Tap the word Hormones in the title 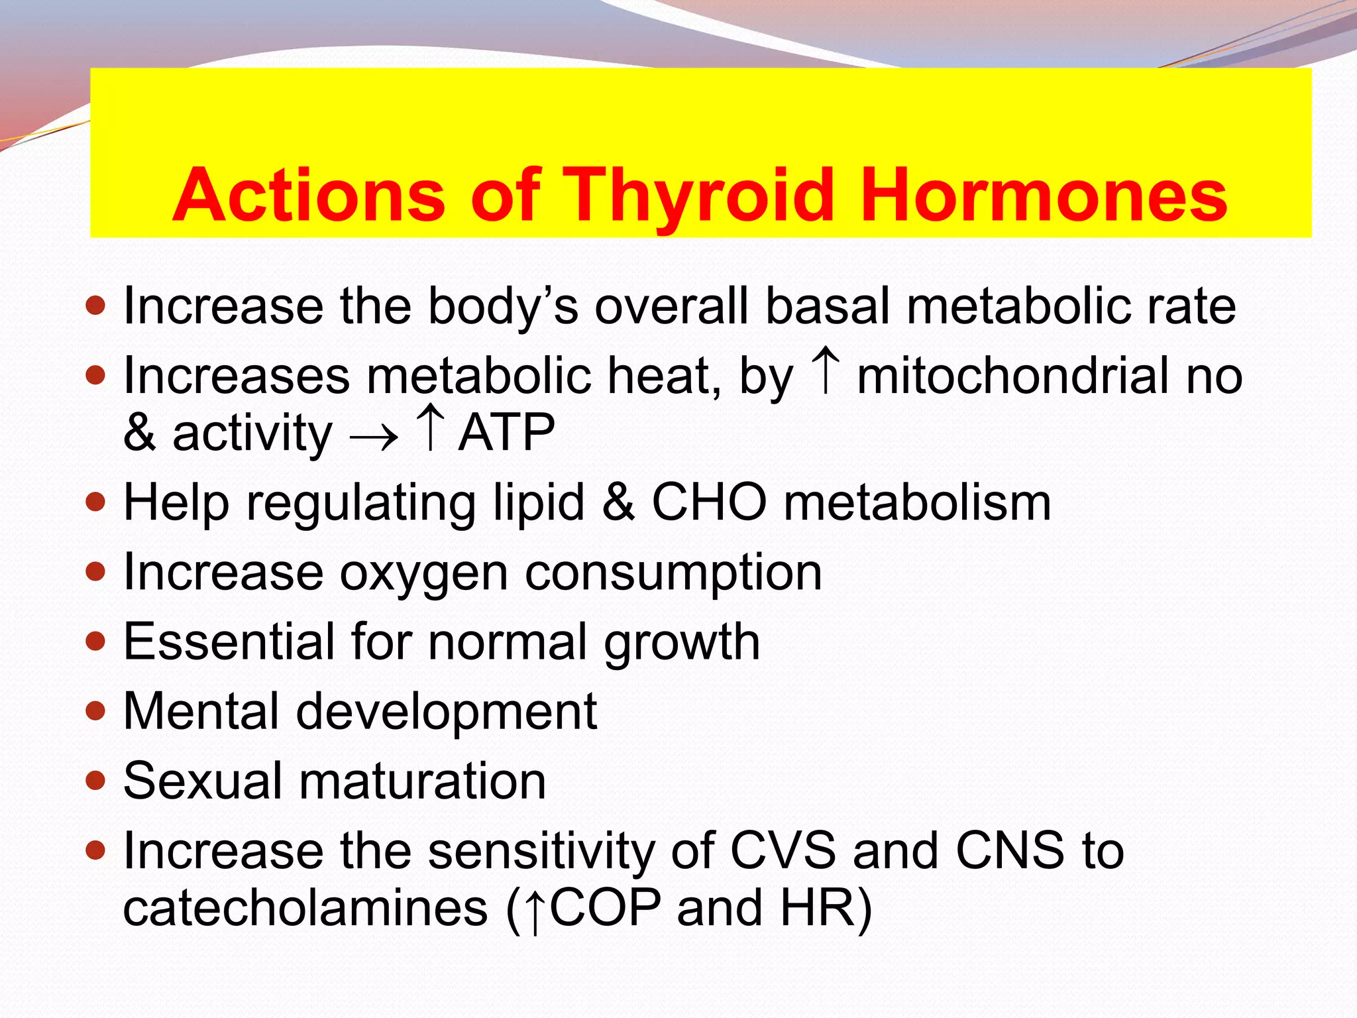coord(1044,196)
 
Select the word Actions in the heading coord(308,196)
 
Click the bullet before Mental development coord(96,711)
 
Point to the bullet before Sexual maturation coord(96,781)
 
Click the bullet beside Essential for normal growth coord(96,641)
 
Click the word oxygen coord(424,573)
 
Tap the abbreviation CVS coord(783,850)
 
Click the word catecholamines coord(305,908)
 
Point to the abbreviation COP coord(606,908)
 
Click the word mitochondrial coord(1013,376)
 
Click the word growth coord(682,642)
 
